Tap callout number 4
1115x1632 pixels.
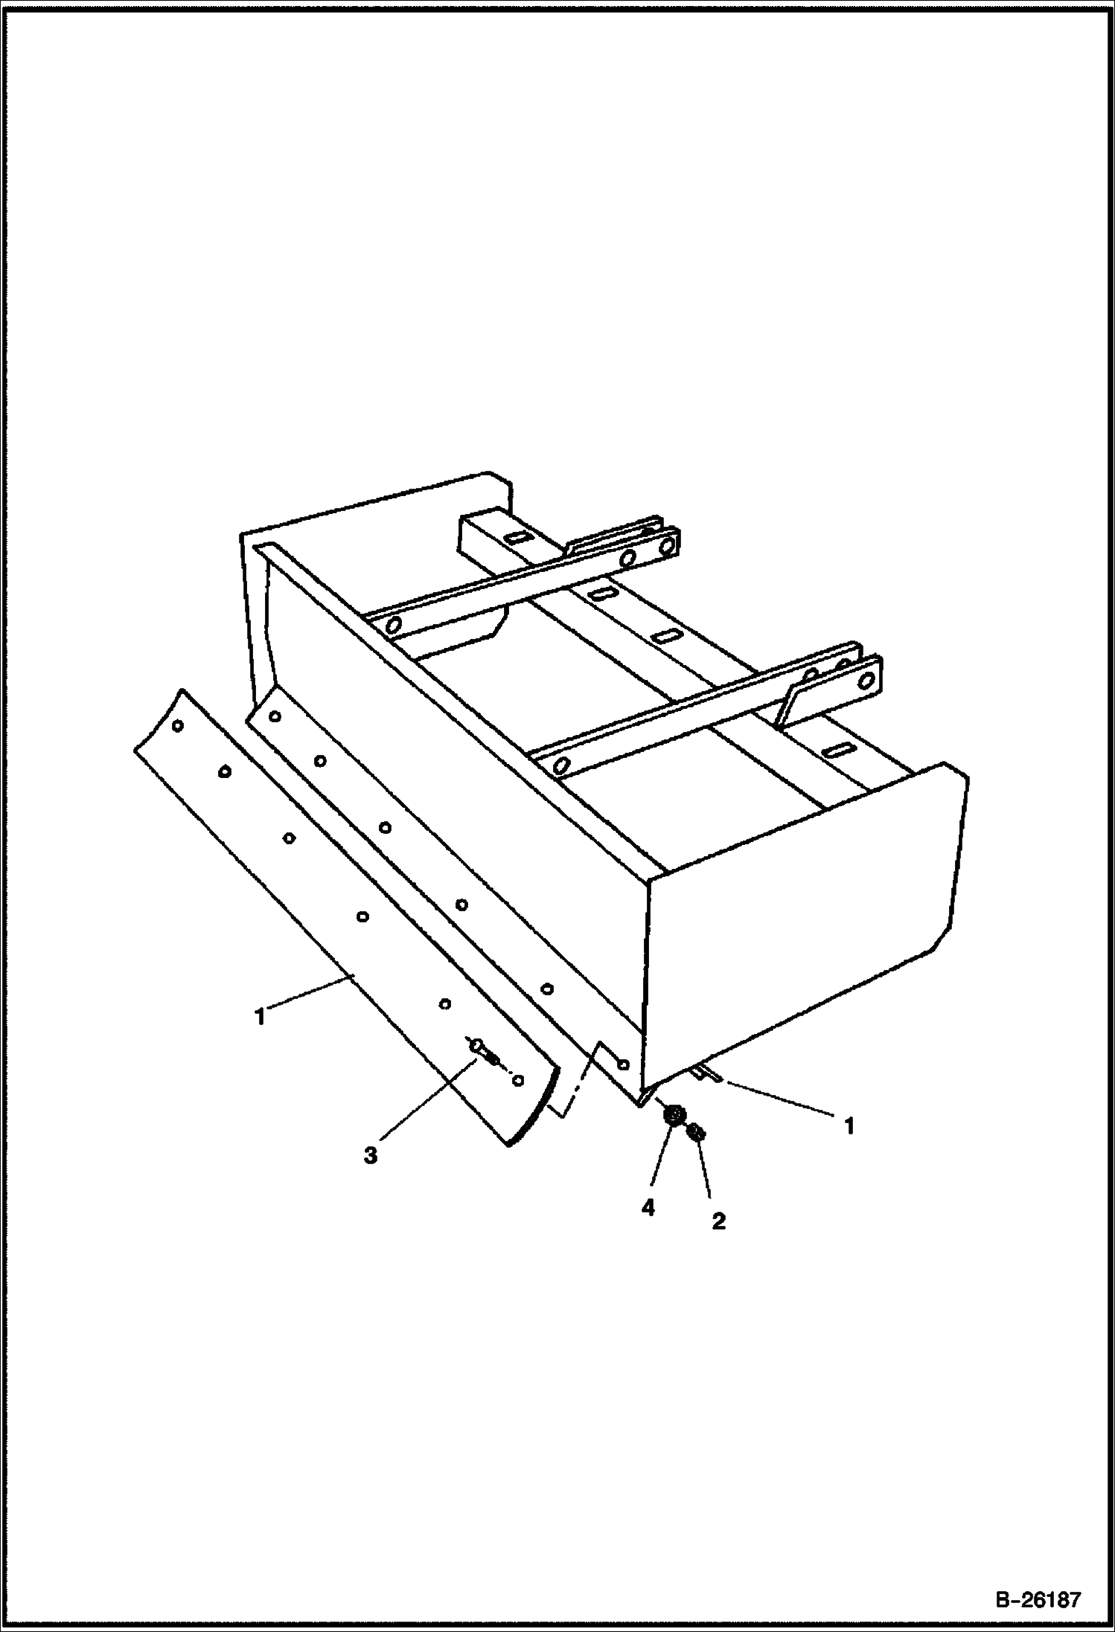pyautogui.click(x=648, y=1208)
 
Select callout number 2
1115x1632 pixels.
pyautogui.click(x=718, y=1221)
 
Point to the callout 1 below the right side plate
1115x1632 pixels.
pyautogui.click(x=849, y=1126)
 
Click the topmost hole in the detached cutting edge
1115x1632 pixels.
pyautogui.click(x=178, y=726)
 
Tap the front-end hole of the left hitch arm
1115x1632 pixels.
pyautogui.click(x=393, y=623)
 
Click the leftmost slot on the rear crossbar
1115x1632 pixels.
pyautogui.click(x=514, y=537)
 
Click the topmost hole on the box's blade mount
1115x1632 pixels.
pyautogui.click(x=275, y=716)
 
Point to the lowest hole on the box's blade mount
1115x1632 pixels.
pyautogui.click(x=623, y=1063)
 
